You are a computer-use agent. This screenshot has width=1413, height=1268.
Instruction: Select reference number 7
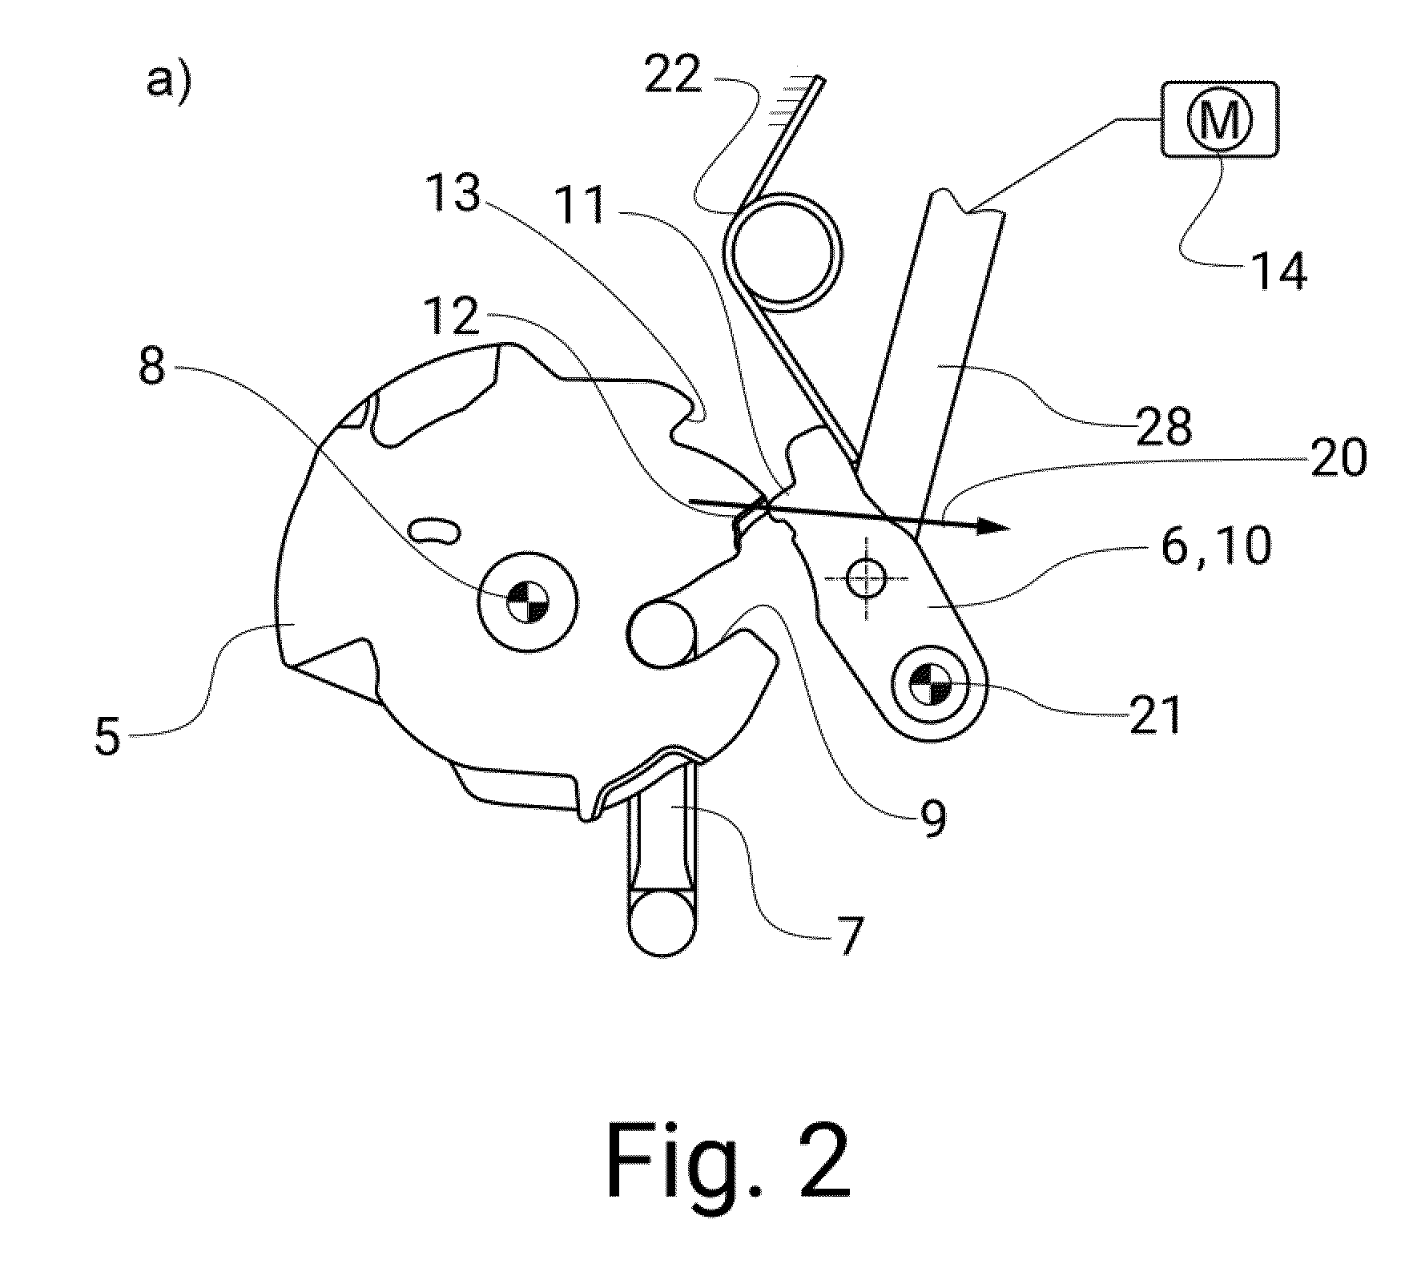[851, 936]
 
